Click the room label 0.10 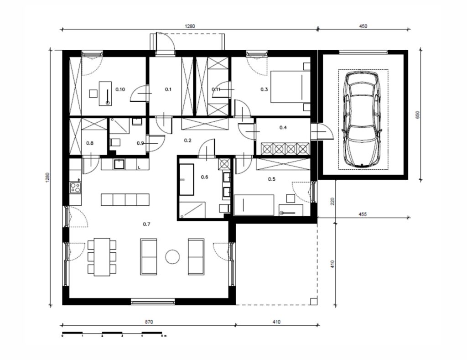(120, 89)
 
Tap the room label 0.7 (146, 224)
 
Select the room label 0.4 (283, 128)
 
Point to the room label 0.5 (272, 179)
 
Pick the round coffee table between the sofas (172, 256)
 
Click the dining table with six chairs (102, 257)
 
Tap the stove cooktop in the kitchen (75, 188)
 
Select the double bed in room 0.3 (291, 87)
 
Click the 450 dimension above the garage (363, 26)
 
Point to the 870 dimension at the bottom (149, 322)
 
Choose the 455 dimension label (363, 214)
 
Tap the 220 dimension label (332, 201)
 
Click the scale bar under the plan (112, 333)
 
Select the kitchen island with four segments (125, 200)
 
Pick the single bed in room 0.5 (254, 205)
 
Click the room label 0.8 (90, 143)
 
